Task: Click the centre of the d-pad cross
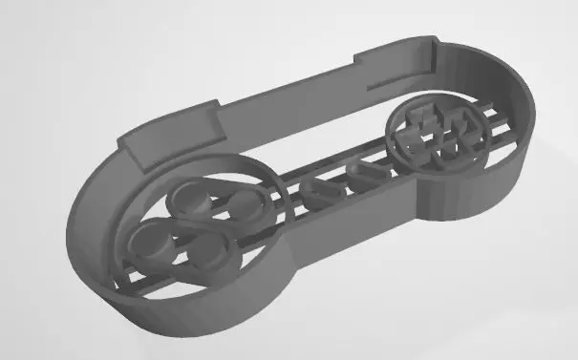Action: (x=439, y=136)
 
